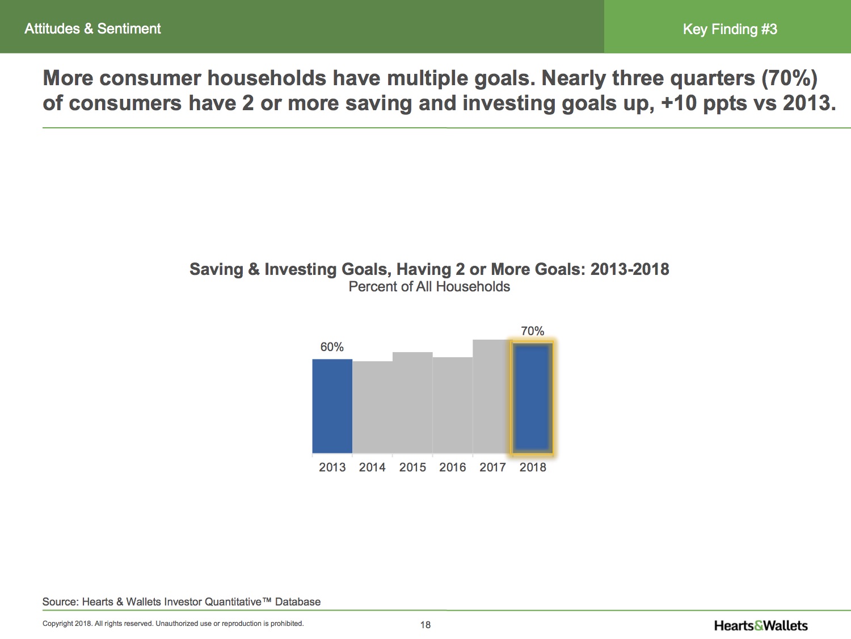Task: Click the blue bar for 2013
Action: [332, 406]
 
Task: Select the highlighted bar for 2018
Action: [533, 398]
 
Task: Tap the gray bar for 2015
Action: [412, 402]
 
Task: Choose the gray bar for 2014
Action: [372, 407]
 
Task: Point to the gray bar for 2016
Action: [452, 405]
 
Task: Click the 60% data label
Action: [332, 347]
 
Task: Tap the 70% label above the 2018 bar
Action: [533, 331]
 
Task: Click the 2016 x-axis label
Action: [452, 467]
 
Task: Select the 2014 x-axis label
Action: [372, 467]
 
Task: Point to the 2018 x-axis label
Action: [533, 467]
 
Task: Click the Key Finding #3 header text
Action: [730, 29]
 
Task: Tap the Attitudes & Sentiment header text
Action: [92, 29]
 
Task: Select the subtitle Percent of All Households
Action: [429, 287]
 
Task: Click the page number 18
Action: [425, 625]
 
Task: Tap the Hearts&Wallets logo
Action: [761, 625]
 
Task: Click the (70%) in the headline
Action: [789, 78]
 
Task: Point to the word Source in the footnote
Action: [61, 602]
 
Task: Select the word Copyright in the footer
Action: [58, 624]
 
